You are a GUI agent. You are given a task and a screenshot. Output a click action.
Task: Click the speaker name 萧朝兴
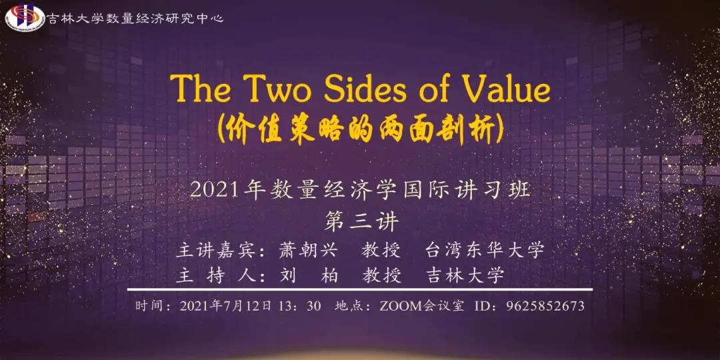click(x=308, y=250)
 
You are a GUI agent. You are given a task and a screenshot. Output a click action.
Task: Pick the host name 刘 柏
click(x=308, y=275)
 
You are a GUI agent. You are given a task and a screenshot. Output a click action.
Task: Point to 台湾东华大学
click(x=485, y=250)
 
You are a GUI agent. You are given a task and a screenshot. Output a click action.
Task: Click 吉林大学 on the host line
click(x=465, y=275)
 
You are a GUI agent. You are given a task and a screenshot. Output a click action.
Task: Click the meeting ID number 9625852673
click(x=545, y=306)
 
